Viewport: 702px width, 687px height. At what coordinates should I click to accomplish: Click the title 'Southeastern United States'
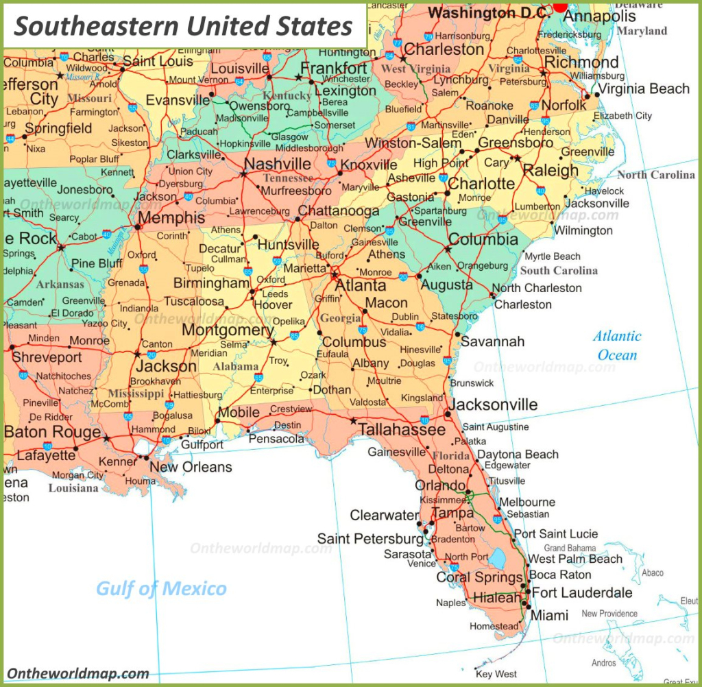[183, 26]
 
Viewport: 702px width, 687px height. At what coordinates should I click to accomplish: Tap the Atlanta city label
[361, 285]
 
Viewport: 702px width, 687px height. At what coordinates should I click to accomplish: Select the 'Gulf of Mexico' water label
[161, 588]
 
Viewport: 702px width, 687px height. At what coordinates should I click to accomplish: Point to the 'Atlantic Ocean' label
[617, 346]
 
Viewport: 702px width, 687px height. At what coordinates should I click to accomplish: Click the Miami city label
[550, 616]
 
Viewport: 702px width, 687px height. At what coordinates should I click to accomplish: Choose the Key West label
[496, 674]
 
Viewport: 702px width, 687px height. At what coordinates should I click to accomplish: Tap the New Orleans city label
[191, 467]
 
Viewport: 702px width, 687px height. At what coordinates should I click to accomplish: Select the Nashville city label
[278, 164]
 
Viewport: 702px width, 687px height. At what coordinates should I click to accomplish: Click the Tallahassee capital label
[402, 429]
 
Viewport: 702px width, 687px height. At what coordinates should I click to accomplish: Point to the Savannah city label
[492, 341]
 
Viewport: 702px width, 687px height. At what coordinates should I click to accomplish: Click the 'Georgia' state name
[341, 318]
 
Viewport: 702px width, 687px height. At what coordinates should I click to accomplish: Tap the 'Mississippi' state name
[136, 394]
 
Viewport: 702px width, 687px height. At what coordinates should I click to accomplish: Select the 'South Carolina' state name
[559, 271]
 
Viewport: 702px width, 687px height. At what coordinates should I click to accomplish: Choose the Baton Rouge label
[52, 433]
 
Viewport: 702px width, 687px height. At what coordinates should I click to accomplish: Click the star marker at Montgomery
[274, 341]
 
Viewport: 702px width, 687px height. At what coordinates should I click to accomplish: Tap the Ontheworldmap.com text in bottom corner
[78, 673]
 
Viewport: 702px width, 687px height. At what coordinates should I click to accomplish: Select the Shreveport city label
[47, 357]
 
